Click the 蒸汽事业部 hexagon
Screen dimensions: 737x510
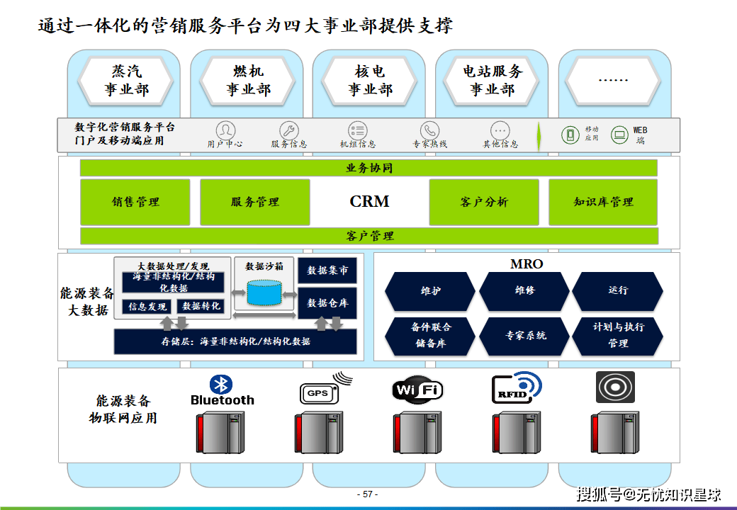(126, 81)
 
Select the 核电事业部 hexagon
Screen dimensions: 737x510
(369, 81)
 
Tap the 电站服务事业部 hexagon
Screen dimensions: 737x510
(492, 81)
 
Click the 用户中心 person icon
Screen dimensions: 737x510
(225, 130)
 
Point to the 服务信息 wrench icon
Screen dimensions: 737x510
(289, 130)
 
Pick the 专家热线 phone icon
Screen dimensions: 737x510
(429, 130)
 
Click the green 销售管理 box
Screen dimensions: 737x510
(135, 202)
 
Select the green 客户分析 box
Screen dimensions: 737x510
(484, 202)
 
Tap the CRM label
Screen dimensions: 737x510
(369, 201)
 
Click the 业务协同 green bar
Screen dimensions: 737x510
(368, 168)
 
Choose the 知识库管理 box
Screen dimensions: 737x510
(603, 202)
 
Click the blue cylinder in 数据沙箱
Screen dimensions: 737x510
(264, 293)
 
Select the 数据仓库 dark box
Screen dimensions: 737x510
(327, 303)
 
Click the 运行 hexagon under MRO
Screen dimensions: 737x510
(618, 290)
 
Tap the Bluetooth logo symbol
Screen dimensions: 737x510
(221, 384)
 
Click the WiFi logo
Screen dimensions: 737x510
(417, 390)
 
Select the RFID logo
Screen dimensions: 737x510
(516, 387)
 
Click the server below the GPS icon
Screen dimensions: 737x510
(319, 433)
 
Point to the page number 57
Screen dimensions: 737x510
(368, 494)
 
